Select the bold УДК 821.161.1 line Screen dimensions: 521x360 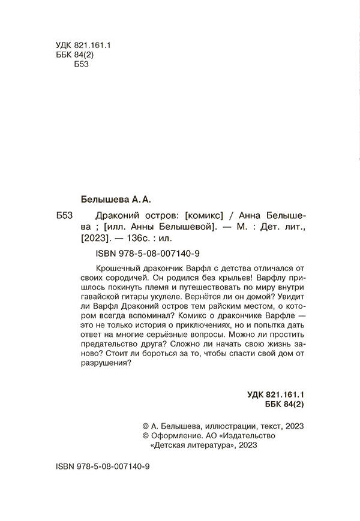[x=277, y=395]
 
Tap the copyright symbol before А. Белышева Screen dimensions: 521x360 [x=143, y=426]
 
